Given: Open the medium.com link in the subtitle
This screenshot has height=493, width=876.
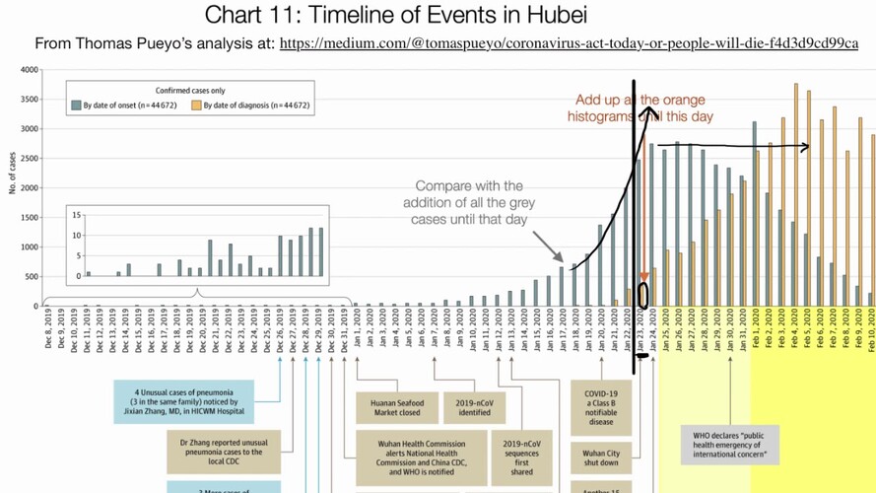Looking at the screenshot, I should point(569,44).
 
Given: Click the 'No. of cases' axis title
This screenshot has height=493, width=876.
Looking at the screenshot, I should point(12,173).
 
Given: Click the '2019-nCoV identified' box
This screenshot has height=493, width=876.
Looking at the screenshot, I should point(474,407).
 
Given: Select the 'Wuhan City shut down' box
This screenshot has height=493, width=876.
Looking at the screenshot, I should point(596,457).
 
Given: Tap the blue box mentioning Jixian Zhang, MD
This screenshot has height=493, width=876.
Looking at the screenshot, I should point(183,401).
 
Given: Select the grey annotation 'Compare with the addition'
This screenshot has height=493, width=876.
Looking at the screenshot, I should point(468,201).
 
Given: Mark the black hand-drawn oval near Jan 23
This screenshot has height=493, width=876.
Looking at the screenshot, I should point(643,295).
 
